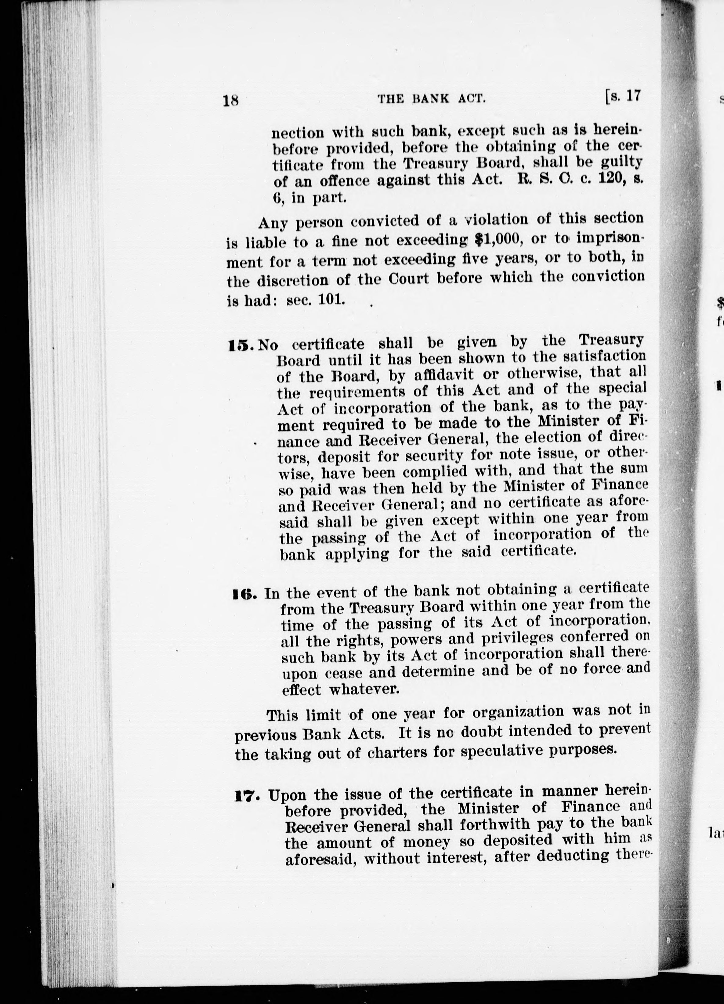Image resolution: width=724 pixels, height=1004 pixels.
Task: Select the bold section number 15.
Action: (239, 345)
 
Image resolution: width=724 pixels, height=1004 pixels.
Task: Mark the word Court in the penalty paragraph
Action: (408, 279)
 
